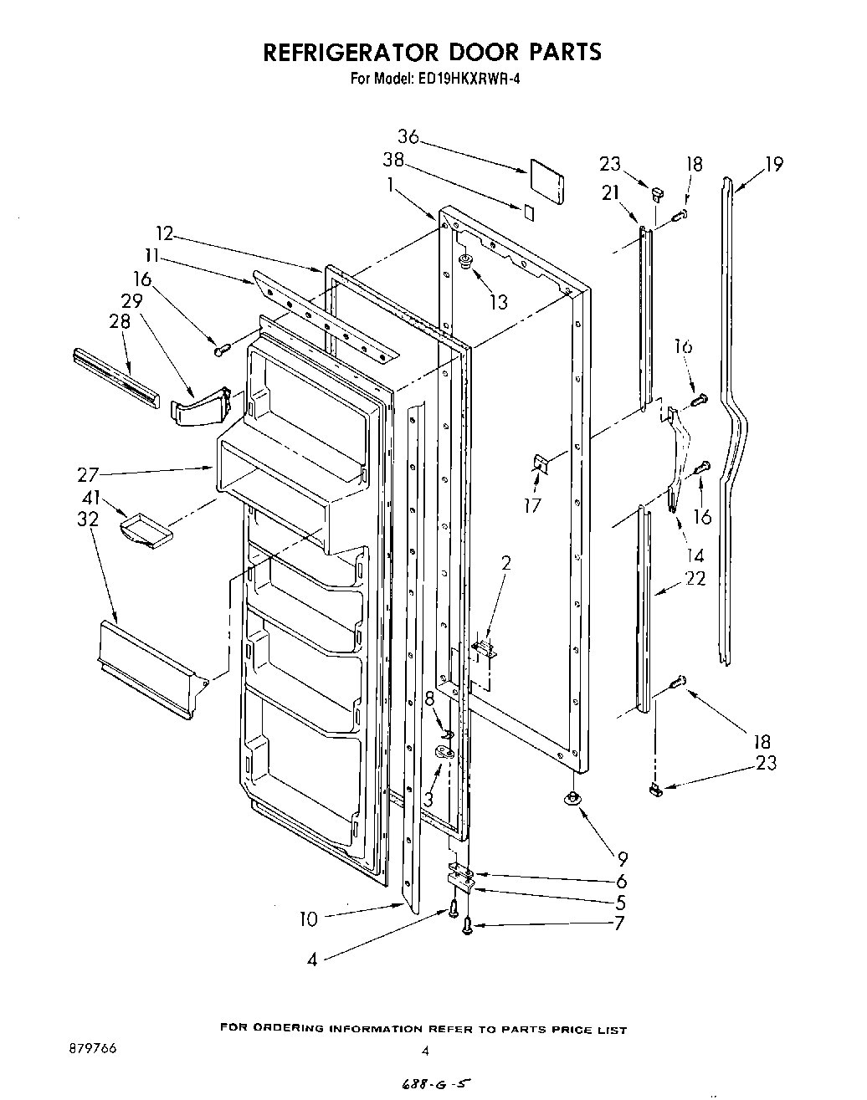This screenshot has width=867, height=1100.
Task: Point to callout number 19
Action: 774,164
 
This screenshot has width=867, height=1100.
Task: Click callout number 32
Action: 87,519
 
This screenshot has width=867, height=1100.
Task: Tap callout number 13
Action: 498,303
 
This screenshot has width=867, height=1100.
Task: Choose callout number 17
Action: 532,505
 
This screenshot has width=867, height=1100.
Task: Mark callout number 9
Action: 622,858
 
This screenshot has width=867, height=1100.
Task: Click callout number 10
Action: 309,919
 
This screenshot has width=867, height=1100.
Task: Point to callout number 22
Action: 695,578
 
